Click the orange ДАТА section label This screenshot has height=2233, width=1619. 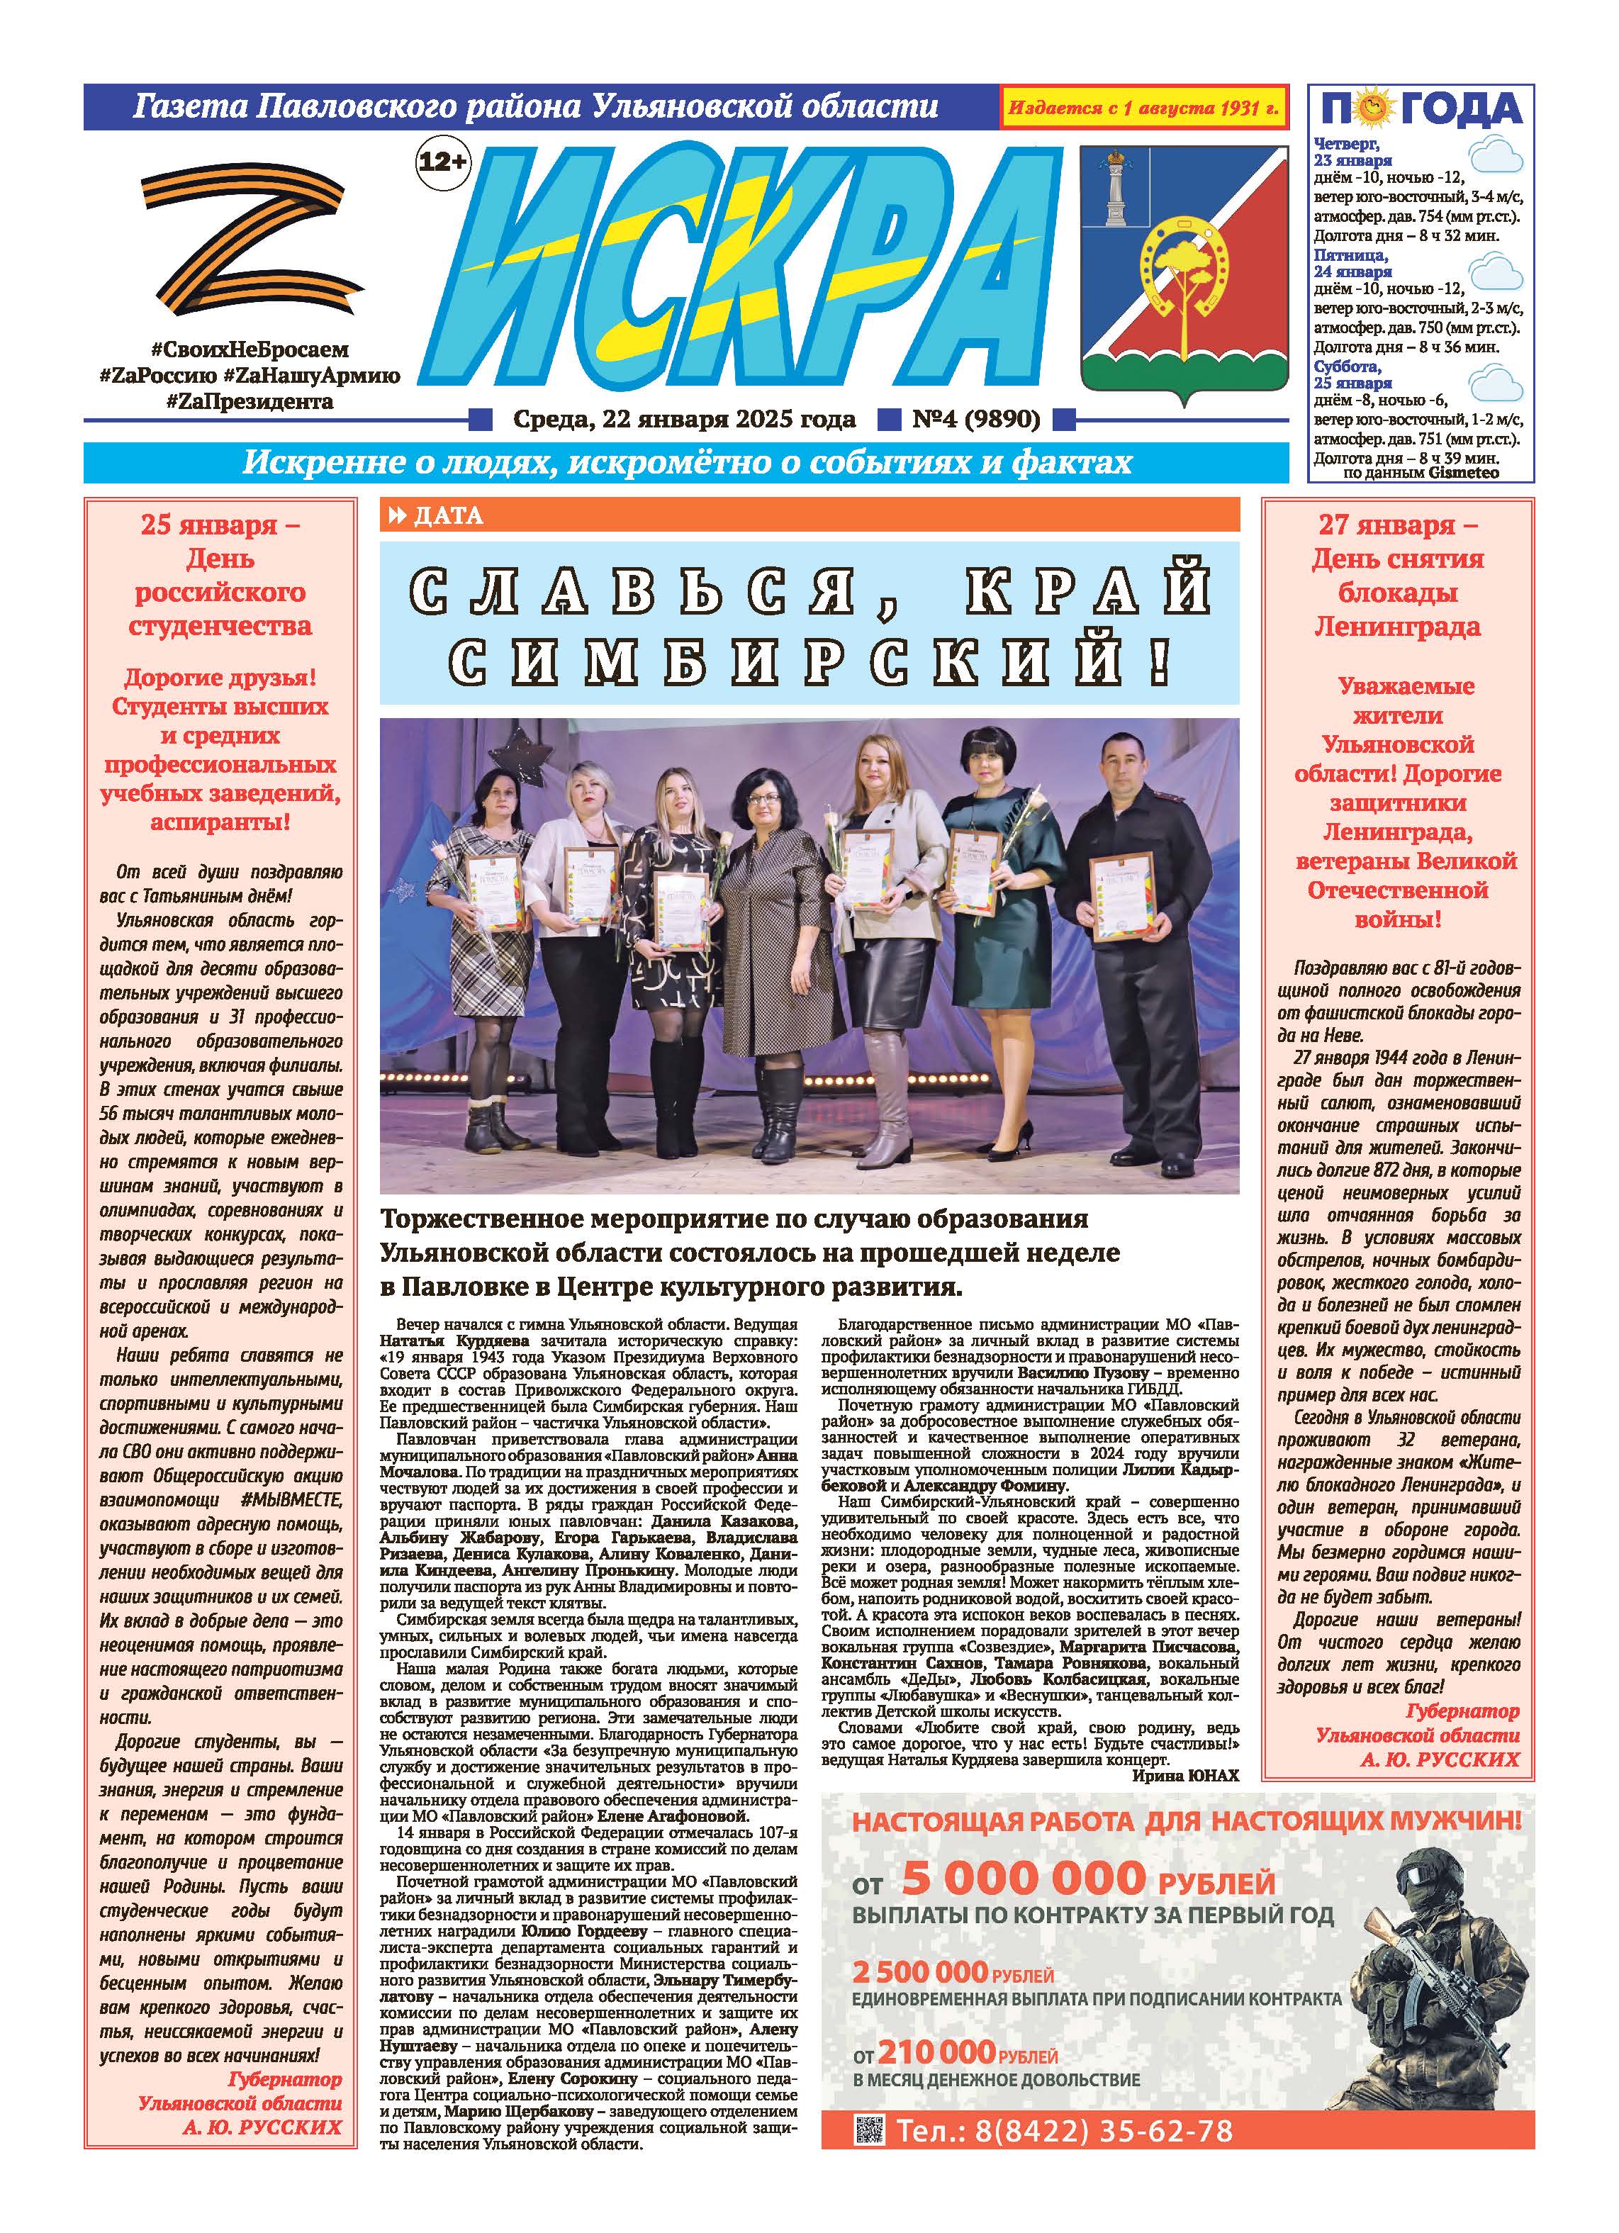448,515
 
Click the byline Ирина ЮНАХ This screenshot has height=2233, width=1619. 1184,1775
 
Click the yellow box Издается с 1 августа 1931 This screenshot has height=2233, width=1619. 1143,107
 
